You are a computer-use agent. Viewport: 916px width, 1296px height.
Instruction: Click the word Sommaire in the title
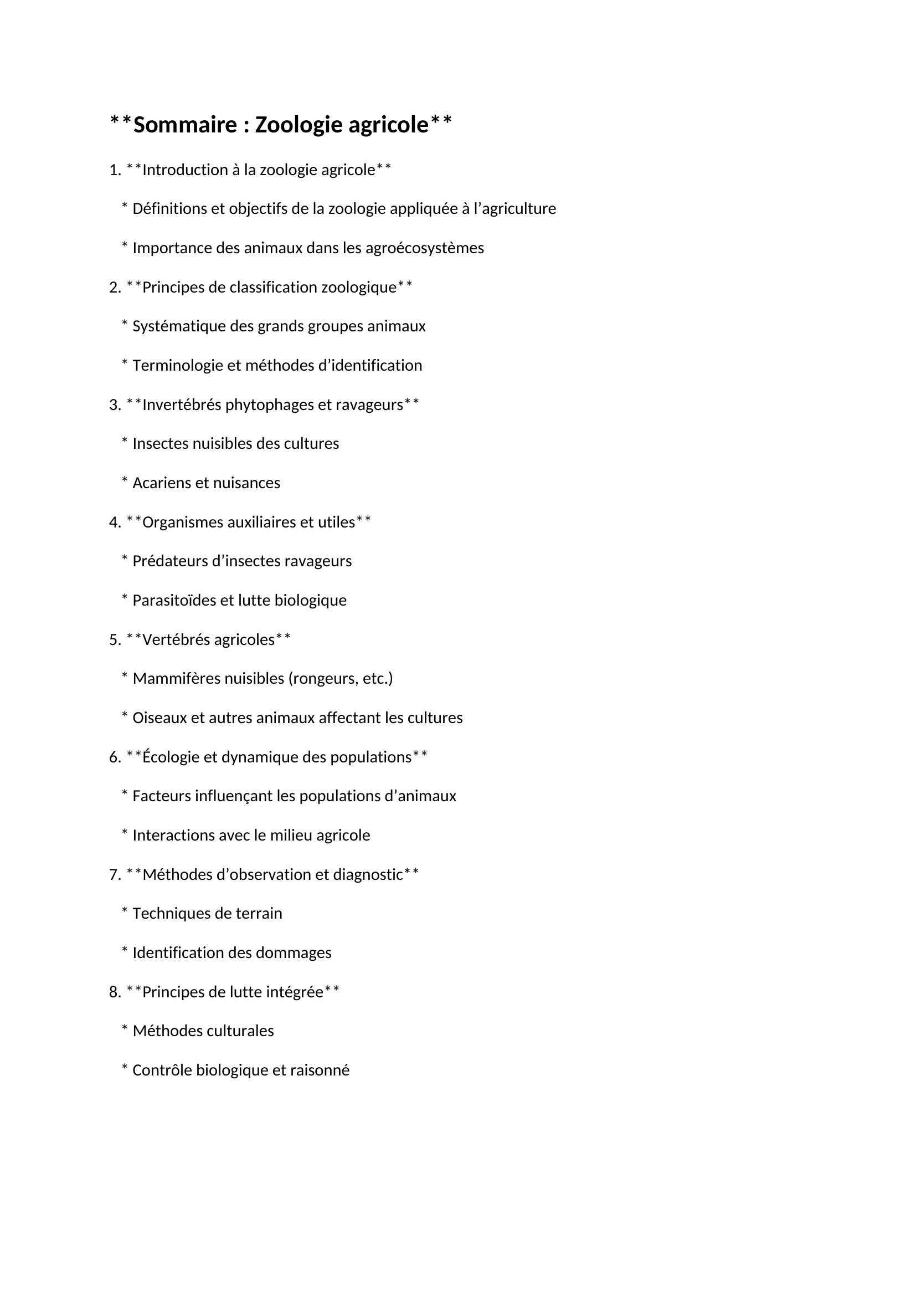[x=186, y=124]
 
